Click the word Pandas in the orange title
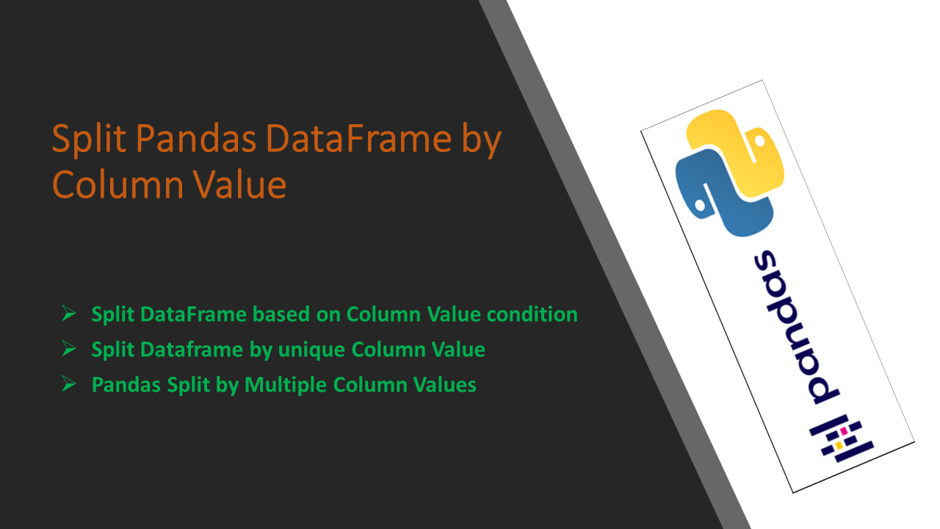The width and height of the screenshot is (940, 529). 196,138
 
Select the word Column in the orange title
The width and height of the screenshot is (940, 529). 118,184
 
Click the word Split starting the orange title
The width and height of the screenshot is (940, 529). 89,140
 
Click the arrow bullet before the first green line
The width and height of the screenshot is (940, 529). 69,313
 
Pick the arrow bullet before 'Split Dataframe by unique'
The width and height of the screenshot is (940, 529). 69,348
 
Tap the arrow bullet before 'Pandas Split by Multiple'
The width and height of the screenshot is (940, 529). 69,384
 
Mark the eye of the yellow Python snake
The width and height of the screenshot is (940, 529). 760,140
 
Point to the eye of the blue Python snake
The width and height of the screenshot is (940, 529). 700,205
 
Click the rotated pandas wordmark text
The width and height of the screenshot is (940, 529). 795,328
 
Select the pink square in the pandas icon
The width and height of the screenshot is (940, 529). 843,431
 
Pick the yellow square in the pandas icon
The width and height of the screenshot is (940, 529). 839,445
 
